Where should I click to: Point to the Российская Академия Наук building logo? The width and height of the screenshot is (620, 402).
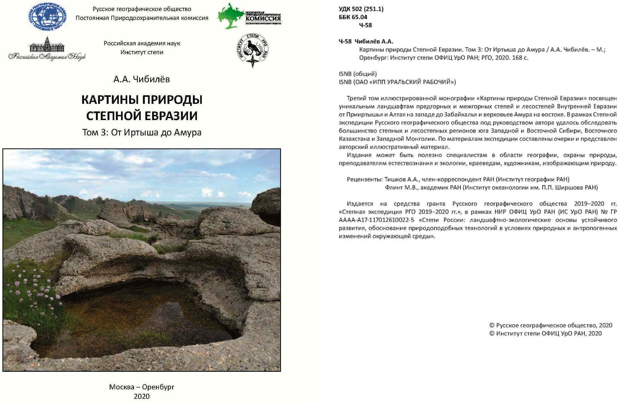tap(47, 49)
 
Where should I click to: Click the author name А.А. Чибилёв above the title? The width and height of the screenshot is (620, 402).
tap(142, 79)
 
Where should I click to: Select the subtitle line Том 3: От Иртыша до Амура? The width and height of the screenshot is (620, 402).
tap(142, 132)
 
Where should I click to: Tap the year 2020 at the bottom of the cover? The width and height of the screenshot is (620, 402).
tap(142, 396)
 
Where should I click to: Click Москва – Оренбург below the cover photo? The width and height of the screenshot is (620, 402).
tap(142, 387)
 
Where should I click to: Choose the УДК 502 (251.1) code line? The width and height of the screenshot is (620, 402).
tap(361, 9)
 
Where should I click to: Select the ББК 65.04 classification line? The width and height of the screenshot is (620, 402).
tap(353, 17)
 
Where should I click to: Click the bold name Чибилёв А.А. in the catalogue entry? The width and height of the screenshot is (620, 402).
tap(374, 42)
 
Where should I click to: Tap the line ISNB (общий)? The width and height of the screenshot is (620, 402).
tap(358, 74)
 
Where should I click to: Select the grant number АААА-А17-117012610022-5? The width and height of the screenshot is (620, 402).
tap(376, 220)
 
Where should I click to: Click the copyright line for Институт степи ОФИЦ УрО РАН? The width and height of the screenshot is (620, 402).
tap(545, 333)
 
